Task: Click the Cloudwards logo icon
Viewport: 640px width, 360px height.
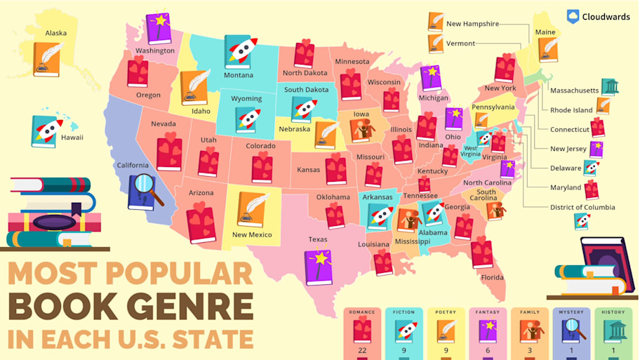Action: click(573, 17)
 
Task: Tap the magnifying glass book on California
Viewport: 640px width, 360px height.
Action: click(145, 191)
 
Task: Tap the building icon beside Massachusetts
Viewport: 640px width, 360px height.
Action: click(611, 87)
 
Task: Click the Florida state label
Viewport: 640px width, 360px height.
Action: click(492, 277)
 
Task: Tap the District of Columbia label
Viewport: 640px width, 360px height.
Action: click(582, 207)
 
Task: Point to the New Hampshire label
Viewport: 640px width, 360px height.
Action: click(472, 24)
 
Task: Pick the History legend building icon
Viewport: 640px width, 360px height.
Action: click(614, 329)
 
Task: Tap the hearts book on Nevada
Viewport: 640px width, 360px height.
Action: click(169, 152)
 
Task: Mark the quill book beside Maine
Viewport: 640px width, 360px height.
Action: click(548, 49)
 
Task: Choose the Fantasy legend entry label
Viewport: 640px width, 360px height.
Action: click(488, 312)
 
